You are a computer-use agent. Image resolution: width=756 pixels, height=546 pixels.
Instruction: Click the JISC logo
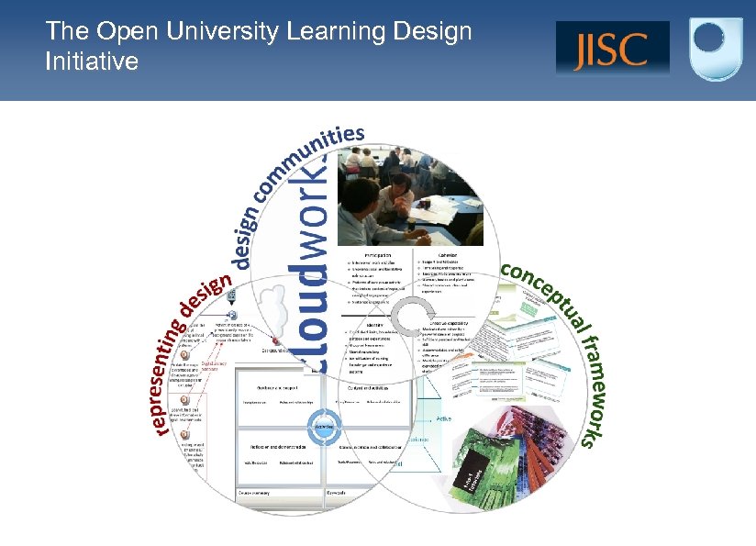point(612,48)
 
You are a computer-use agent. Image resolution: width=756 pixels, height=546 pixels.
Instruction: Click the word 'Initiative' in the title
point(92,61)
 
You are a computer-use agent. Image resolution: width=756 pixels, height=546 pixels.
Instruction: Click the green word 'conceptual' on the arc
point(548,293)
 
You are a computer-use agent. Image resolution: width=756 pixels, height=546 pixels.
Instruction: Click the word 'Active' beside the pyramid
point(443,418)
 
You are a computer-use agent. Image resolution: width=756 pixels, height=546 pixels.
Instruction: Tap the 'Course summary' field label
point(256,492)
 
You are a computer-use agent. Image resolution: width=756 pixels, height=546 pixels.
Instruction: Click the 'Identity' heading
point(375,324)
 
